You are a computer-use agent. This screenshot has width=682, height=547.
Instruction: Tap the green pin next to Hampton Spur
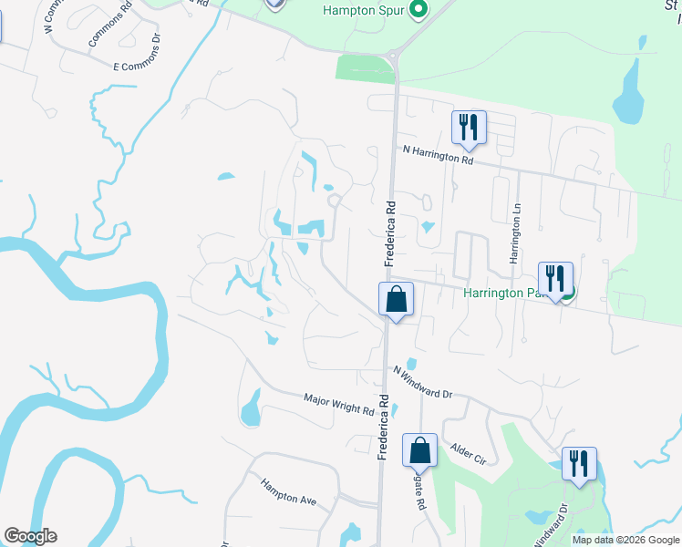(x=418, y=11)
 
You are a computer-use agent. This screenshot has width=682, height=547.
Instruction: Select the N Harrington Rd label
(x=439, y=154)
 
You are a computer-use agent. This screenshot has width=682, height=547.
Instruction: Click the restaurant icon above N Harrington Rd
(x=469, y=128)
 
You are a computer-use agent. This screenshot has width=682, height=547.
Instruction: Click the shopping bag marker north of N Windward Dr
(x=397, y=299)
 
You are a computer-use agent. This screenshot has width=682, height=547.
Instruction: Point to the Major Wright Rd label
(x=339, y=405)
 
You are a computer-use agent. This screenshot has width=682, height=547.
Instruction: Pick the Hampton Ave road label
(x=288, y=491)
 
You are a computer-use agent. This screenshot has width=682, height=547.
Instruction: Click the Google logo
(x=30, y=536)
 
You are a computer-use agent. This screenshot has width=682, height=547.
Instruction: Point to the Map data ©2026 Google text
(x=625, y=540)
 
